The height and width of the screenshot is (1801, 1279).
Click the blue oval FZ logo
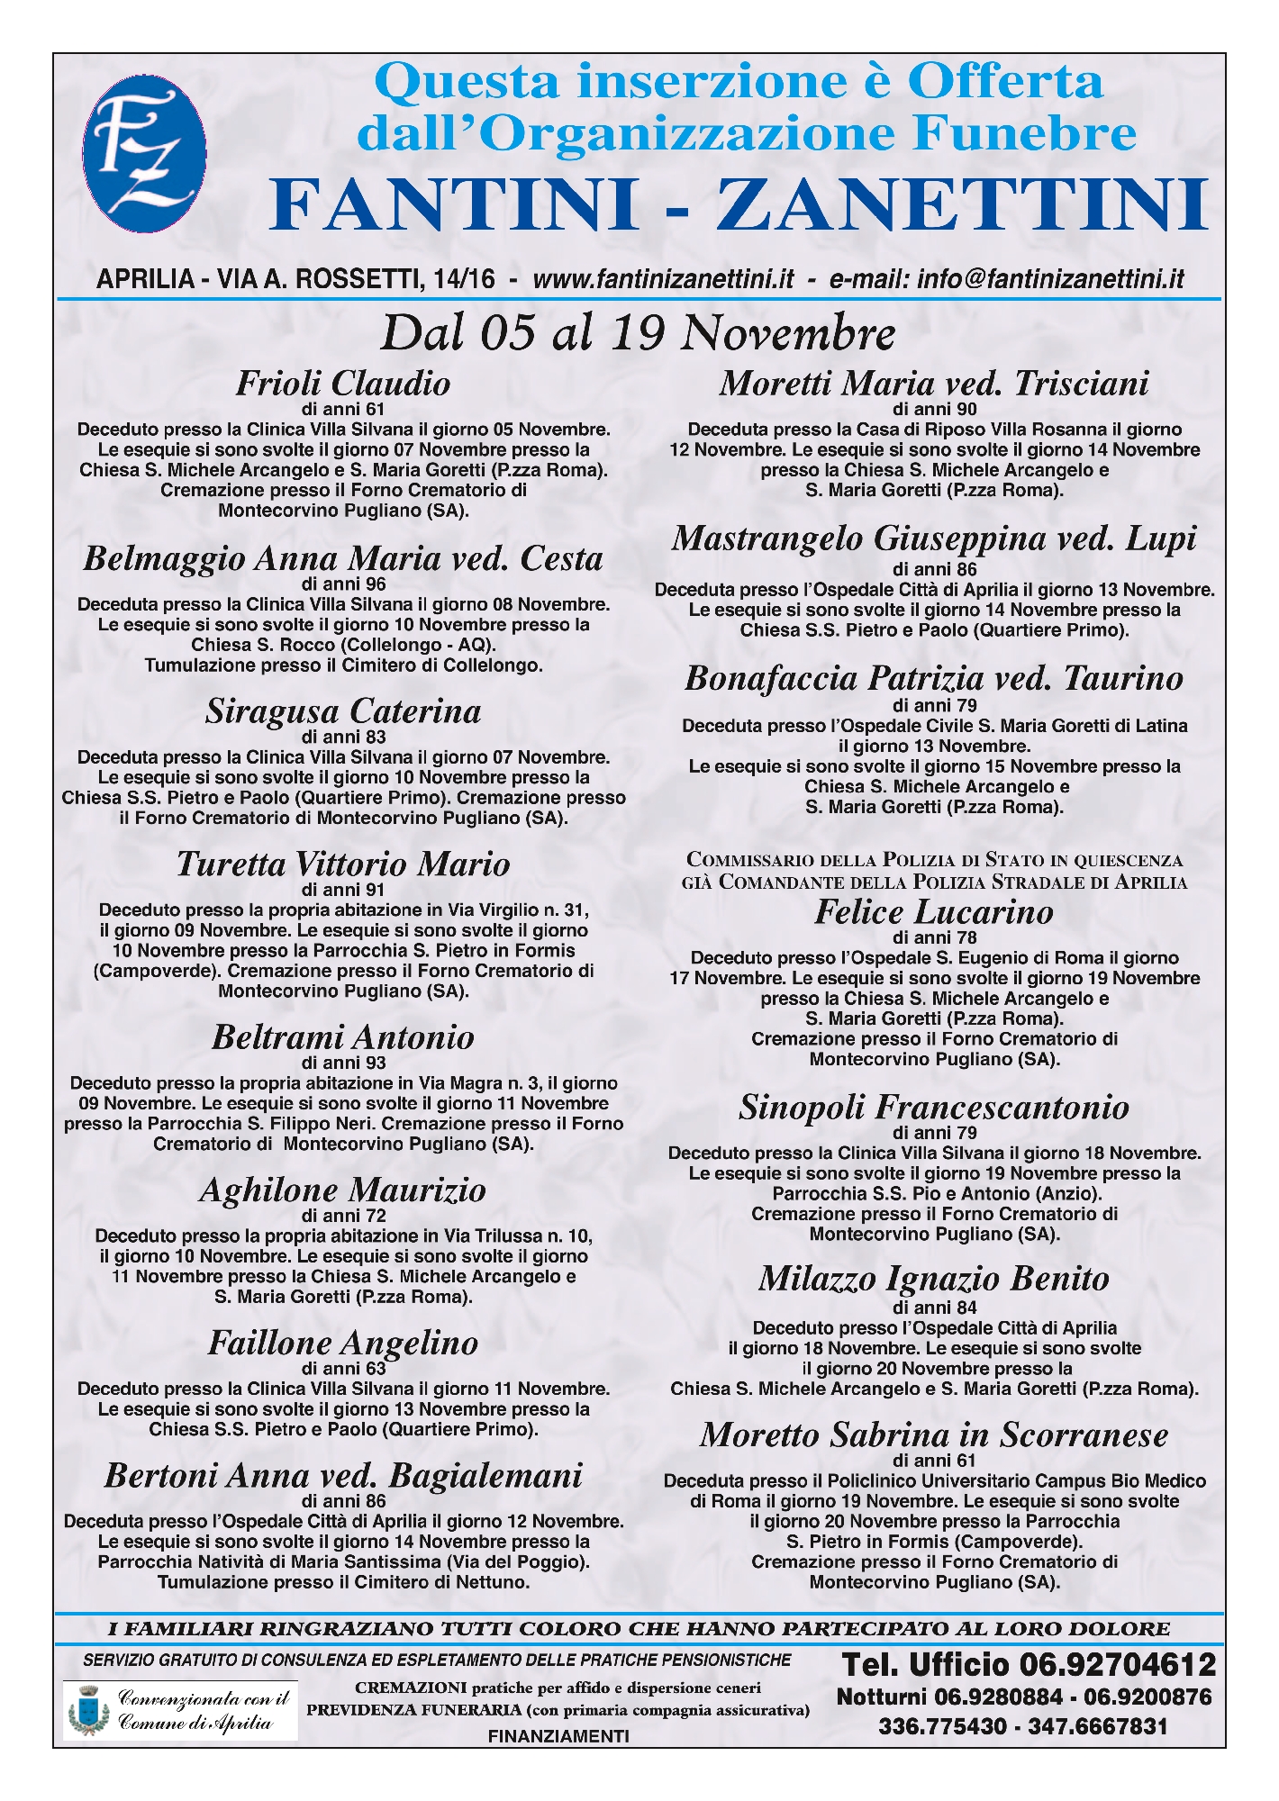[x=144, y=154]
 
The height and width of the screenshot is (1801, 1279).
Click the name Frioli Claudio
[x=342, y=384]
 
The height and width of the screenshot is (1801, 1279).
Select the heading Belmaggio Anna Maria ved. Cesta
[x=342, y=558]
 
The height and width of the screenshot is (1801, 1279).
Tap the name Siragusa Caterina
[x=342, y=711]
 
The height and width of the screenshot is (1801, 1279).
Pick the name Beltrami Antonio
[x=342, y=1037]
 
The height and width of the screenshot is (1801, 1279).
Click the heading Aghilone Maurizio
[x=342, y=1190]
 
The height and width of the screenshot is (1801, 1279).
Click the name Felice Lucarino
[x=934, y=912]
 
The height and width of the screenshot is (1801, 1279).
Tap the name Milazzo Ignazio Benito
[x=934, y=1279]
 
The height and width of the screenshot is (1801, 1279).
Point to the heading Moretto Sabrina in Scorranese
[x=934, y=1434]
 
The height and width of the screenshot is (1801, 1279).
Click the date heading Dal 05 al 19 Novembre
[x=639, y=333]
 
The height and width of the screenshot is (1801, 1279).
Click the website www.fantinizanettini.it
[x=664, y=279]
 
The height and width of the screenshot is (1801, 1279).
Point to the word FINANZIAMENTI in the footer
[x=558, y=1736]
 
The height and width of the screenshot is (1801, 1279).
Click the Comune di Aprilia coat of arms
[x=87, y=1710]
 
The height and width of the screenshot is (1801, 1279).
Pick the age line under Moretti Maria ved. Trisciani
[x=934, y=409]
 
